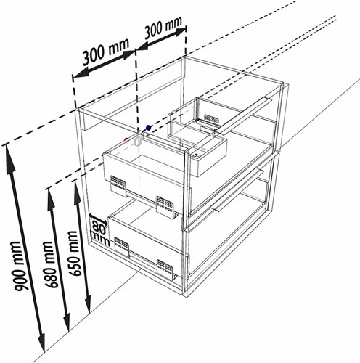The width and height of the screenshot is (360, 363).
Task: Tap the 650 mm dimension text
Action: (x=73, y=253)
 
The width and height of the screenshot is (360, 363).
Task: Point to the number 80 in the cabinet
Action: (x=99, y=227)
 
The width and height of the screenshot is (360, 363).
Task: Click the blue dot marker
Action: (x=148, y=128)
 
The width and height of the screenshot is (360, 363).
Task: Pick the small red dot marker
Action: (x=126, y=140)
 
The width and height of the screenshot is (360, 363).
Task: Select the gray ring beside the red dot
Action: (x=137, y=141)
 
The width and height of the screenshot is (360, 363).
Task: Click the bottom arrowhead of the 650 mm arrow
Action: (x=88, y=303)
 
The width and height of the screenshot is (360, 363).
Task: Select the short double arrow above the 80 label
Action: (x=98, y=219)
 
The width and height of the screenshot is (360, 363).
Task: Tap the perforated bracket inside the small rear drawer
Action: (x=212, y=120)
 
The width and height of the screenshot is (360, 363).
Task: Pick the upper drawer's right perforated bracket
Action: (x=165, y=208)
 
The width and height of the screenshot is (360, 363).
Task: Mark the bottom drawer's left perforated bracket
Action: (x=122, y=248)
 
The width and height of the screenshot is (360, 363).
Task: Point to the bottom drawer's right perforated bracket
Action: (x=165, y=270)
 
